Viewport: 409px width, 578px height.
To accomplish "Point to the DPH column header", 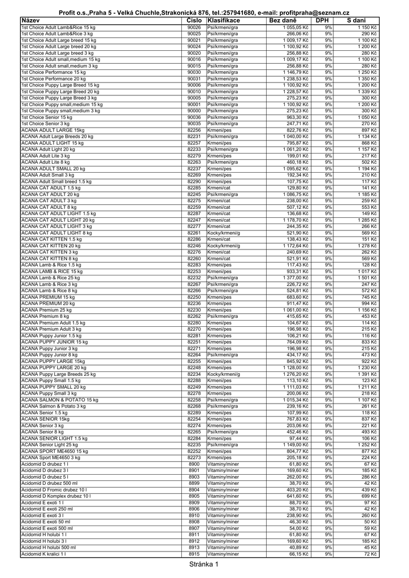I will (x=323, y=20).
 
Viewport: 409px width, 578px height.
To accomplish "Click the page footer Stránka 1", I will (x=203, y=564).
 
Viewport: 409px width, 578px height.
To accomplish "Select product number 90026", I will (x=194, y=27).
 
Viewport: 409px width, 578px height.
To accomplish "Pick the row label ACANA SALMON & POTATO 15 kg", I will (x=59, y=400).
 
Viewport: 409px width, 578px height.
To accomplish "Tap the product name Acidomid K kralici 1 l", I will (x=43, y=554).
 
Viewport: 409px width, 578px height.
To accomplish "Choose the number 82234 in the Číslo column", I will (x=194, y=374).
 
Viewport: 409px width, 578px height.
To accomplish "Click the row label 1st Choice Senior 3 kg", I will (x=45, y=123).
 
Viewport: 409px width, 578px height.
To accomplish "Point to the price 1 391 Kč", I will (x=367, y=374).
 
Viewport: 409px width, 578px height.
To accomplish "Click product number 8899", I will (x=194, y=483).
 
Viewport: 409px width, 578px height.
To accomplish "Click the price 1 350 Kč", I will (x=367, y=78).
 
